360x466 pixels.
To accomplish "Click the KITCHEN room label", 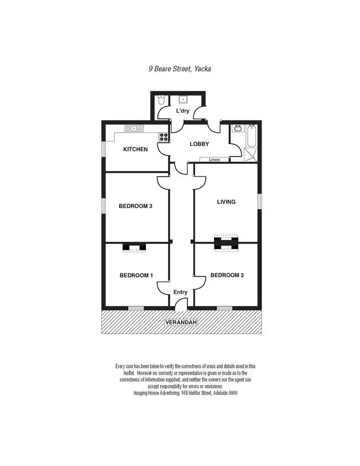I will (135, 149).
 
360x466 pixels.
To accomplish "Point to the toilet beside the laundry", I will (162, 100).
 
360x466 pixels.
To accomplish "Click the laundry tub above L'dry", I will (183, 100).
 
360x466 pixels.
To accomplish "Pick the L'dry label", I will (183, 111).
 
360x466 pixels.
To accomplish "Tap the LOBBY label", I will (199, 144).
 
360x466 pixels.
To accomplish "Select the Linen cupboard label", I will (214, 159).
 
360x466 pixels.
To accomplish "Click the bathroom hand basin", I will (237, 129).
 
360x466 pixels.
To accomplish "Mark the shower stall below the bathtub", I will (251, 154).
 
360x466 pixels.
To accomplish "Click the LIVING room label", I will (226, 202).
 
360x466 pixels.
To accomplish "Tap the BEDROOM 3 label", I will (135, 206).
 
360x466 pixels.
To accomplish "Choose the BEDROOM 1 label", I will (136, 275).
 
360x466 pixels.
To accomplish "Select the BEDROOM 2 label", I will (228, 275).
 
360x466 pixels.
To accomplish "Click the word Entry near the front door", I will (180, 292).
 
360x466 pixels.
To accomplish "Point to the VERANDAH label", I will (181, 322).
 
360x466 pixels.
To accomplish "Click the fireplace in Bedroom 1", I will (134, 247).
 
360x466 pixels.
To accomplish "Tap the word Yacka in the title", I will (203, 69).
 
